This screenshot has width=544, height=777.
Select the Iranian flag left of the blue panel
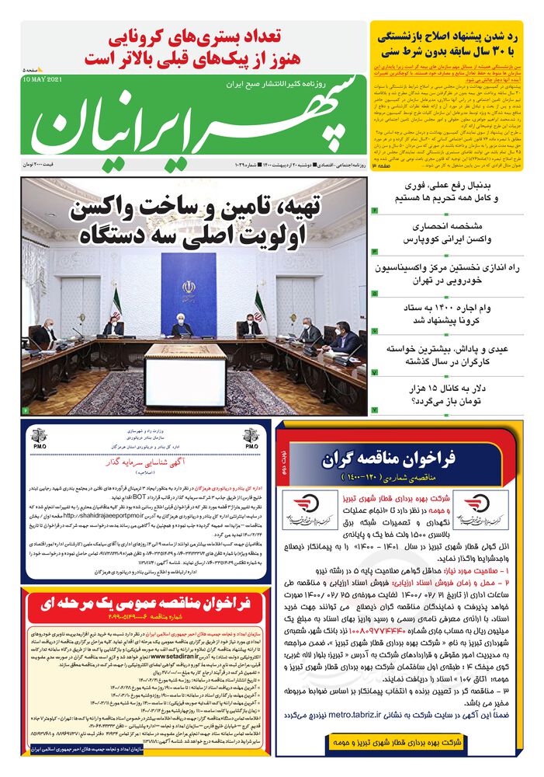[116, 299]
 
